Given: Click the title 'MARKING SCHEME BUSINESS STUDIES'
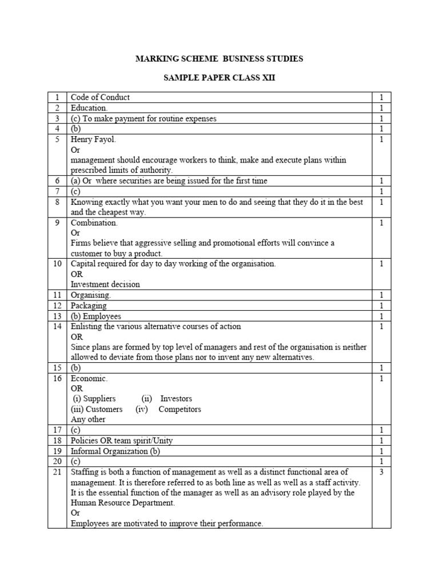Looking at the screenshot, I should [x=219, y=59].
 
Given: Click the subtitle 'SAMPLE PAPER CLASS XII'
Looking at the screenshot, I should [x=219, y=78].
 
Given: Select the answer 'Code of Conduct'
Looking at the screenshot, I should [x=100, y=97].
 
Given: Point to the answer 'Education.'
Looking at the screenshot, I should [x=89, y=108].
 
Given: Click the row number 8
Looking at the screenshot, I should [x=57, y=202].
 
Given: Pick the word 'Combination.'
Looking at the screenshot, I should [x=94, y=223].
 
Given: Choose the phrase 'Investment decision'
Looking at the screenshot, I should [x=105, y=284].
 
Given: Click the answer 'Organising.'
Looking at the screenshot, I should [x=91, y=295].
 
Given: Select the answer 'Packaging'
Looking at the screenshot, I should [x=89, y=306].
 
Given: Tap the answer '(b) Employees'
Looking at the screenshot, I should [x=96, y=316].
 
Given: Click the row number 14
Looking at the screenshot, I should [x=57, y=326].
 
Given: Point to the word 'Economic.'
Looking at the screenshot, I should [x=89, y=378].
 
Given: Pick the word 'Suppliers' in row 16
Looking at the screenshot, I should [x=99, y=398].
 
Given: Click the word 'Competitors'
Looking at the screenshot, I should [x=179, y=409].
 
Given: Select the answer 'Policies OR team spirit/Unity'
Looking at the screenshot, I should [x=122, y=441].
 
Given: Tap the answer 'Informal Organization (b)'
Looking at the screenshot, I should [x=115, y=451].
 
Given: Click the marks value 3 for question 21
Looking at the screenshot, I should [x=381, y=472].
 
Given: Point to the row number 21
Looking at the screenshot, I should [x=57, y=472].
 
